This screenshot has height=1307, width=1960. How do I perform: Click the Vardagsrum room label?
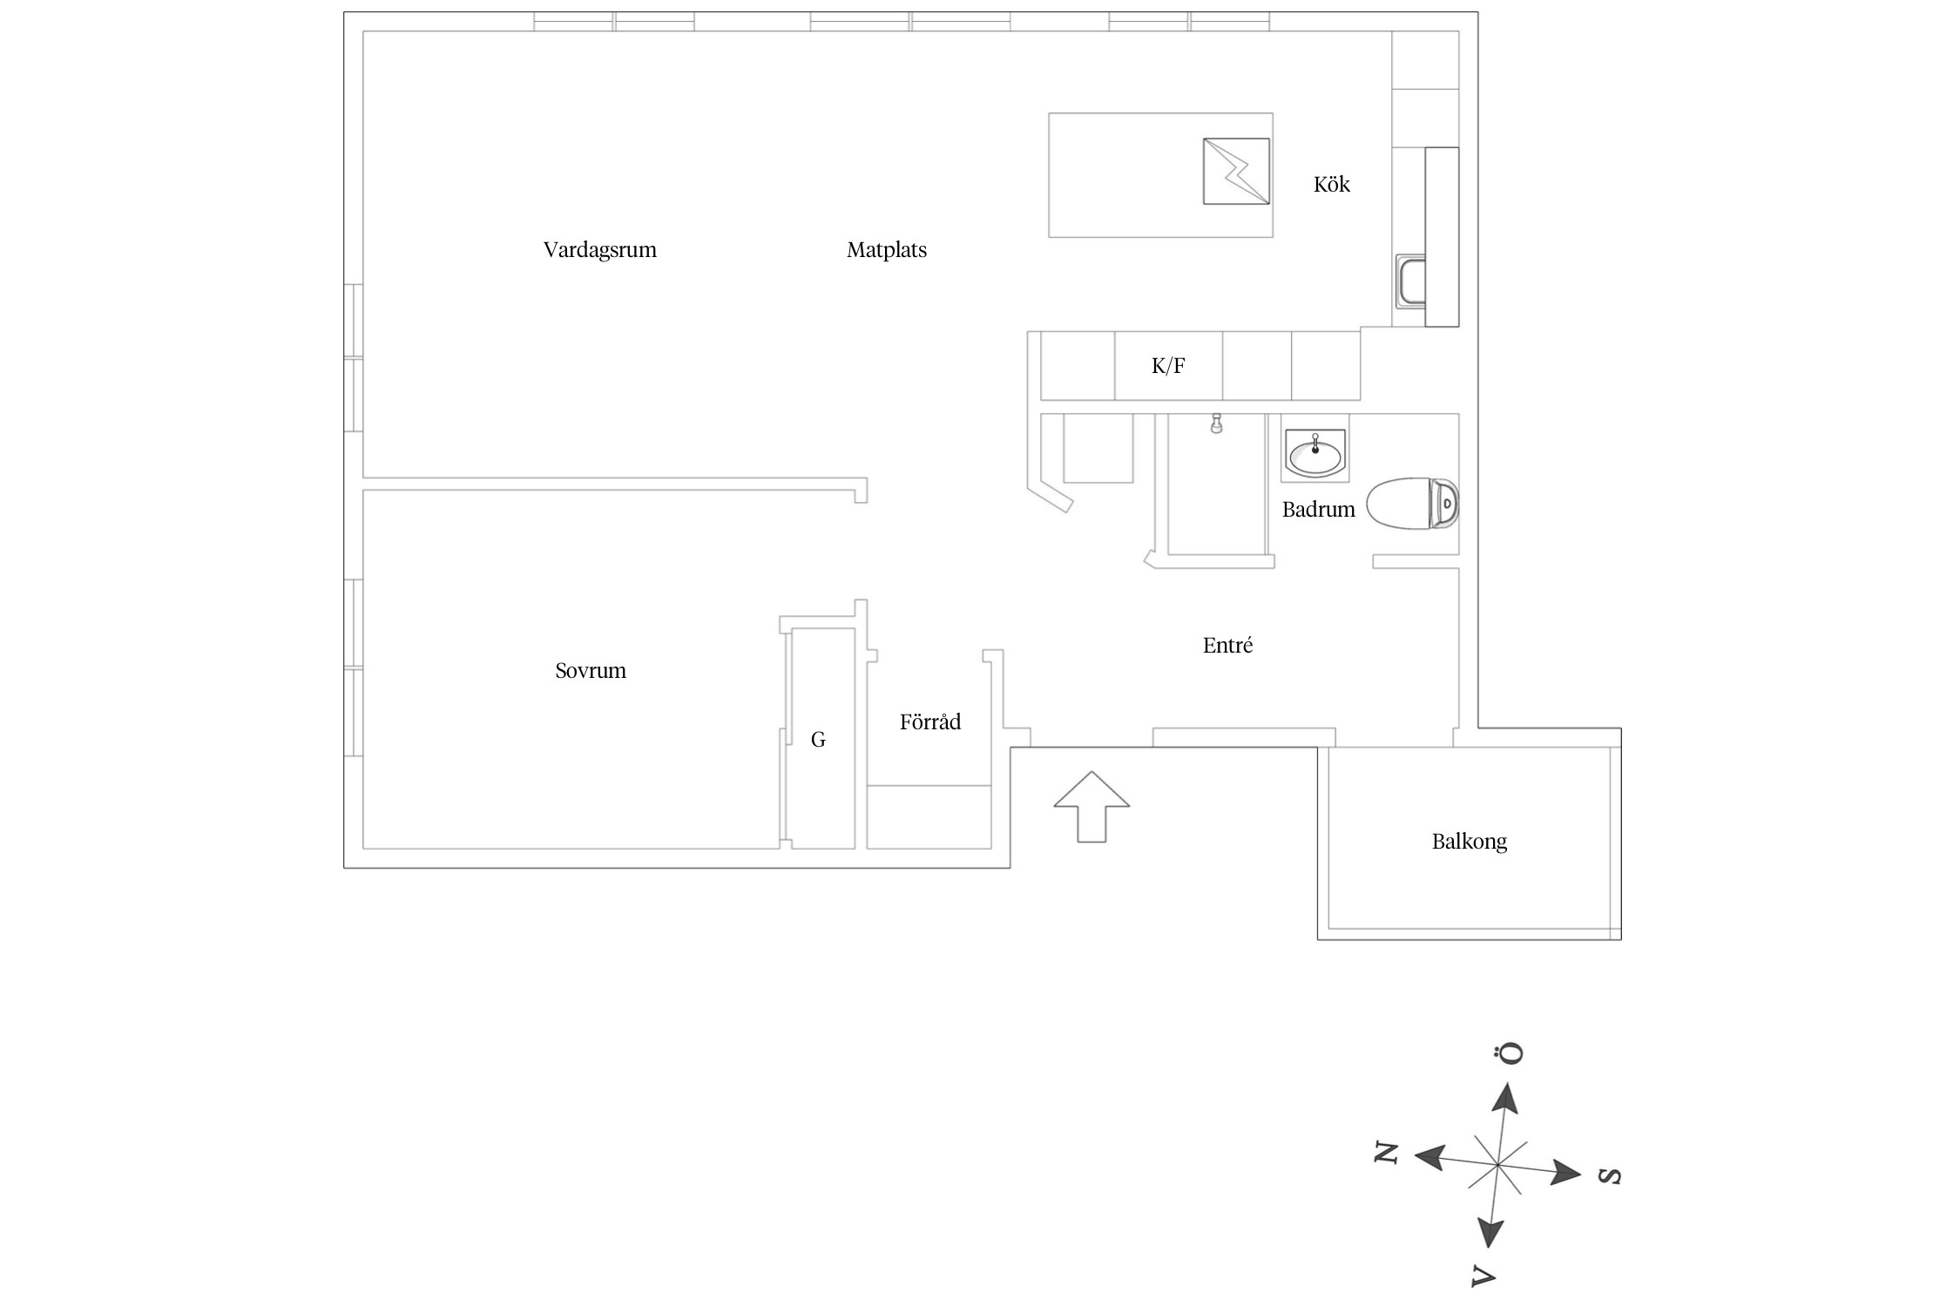[599, 250]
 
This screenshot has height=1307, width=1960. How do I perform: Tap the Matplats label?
[886, 250]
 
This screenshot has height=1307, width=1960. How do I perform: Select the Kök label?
[1331, 184]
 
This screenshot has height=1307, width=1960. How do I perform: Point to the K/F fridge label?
[1168, 366]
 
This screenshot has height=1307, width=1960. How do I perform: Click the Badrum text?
[1318, 510]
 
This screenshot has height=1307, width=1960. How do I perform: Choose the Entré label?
[1227, 646]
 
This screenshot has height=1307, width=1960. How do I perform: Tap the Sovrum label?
[591, 671]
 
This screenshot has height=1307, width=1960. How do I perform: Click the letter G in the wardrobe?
[818, 740]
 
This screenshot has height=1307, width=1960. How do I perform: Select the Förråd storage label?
[929, 722]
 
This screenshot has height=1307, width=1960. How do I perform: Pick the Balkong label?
[1469, 842]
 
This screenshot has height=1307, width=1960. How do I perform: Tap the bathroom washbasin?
[1315, 454]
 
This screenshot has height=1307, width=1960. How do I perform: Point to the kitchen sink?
[1410, 281]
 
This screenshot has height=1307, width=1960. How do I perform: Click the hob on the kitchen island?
[1235, 172]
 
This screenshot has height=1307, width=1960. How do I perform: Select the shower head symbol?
[1216, 424]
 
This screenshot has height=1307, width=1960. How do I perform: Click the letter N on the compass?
[1386, 1154]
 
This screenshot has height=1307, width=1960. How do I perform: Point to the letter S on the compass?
[1610, 1176]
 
